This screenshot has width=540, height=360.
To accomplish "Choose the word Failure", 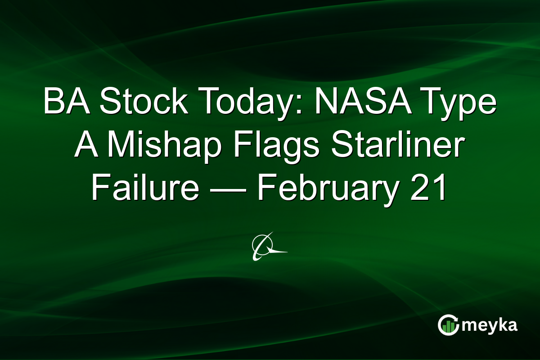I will (x=145, y=189).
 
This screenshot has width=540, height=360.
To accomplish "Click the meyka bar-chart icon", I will (x=448, y=325).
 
